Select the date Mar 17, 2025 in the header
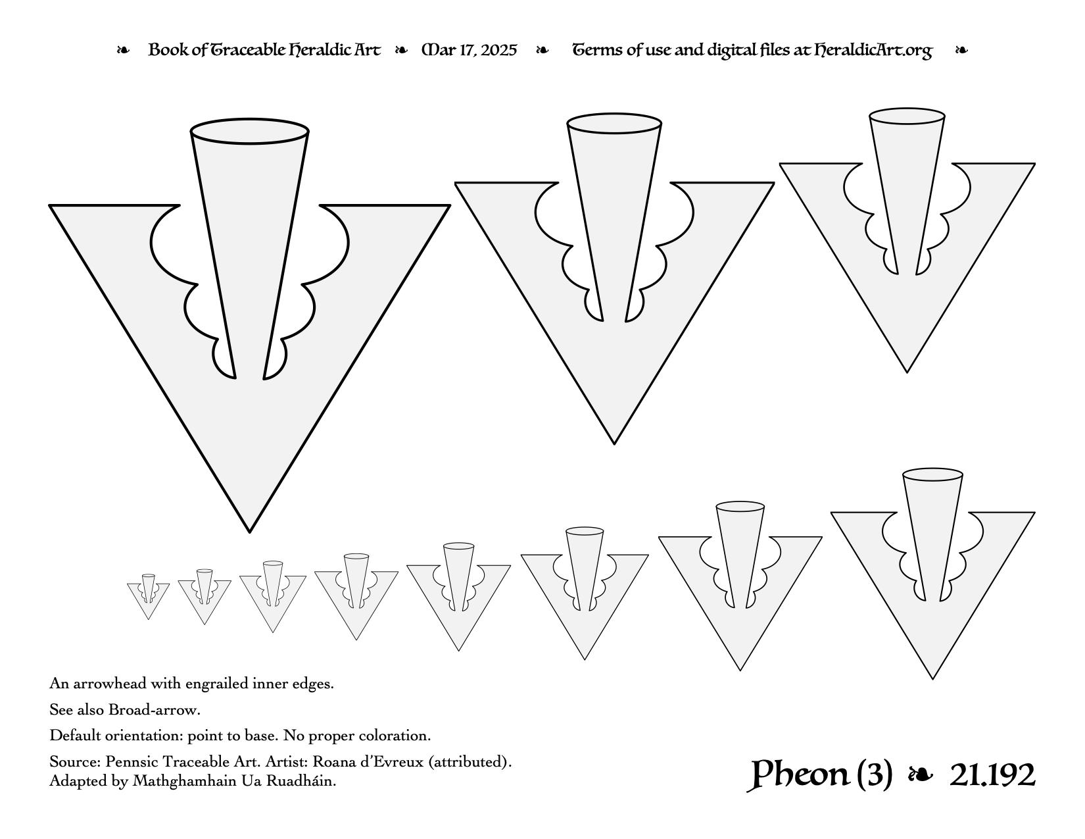pos(469,50)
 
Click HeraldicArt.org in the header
pos(873,51)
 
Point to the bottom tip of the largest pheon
pos(250,532)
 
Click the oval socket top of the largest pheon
pos(250,132)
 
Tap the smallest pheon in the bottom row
pos(149,597)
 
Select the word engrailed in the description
pos(217,683)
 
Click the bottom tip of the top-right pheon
pos(907,372)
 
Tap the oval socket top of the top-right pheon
pos(907,116)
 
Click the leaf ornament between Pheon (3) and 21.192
pos(920,775)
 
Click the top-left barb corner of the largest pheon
pos(49,205)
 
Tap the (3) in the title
pos(875,775)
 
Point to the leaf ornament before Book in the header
pos(123,50)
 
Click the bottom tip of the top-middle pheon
pos(614,444)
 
